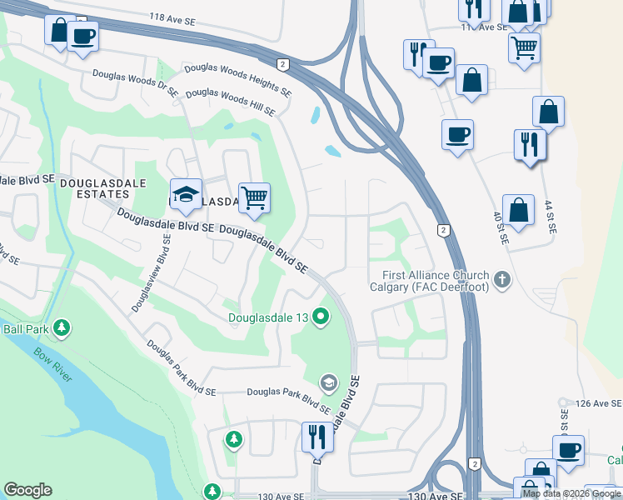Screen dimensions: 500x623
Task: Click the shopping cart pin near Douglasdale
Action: point(255,198)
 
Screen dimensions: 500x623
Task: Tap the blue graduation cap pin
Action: point(186,194)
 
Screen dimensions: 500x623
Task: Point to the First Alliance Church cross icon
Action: point(501,281)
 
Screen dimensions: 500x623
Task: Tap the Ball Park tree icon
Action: point(61,328)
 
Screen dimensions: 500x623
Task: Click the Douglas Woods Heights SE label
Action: point(237,80)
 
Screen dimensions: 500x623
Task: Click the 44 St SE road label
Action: point(549,215)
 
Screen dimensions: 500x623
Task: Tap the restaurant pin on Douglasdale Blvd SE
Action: point(317,436)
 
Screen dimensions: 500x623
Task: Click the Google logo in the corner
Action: point(27,490)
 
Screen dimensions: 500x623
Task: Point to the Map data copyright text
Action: point(571,494)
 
